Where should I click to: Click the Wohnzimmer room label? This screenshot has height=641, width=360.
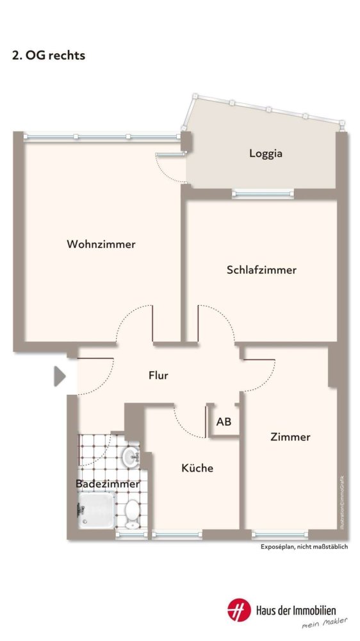click(101, 244)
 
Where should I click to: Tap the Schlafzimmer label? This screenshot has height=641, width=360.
click(261, 271)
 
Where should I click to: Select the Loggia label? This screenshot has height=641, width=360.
click(266, 154)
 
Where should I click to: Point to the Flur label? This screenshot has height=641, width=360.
click(158, 376)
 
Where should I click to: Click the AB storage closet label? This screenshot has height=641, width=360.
click(224, 422)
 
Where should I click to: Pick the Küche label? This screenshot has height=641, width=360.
click(197, 469)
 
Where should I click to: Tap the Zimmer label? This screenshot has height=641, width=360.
click(290, 437)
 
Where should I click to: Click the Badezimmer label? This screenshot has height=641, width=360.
click(108, 485)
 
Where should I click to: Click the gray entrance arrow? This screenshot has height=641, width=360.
click(60, 376)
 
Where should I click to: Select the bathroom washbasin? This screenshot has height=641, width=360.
click(131, 456)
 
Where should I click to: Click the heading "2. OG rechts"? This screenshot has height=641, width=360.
click(49, 56)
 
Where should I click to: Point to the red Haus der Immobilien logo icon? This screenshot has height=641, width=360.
click(238, 610)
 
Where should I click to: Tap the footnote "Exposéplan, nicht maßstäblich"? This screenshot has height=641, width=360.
click(304, 546)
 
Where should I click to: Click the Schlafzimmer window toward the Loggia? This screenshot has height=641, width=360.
click(263, 191)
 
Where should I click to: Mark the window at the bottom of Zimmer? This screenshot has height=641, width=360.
click(281, 534)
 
